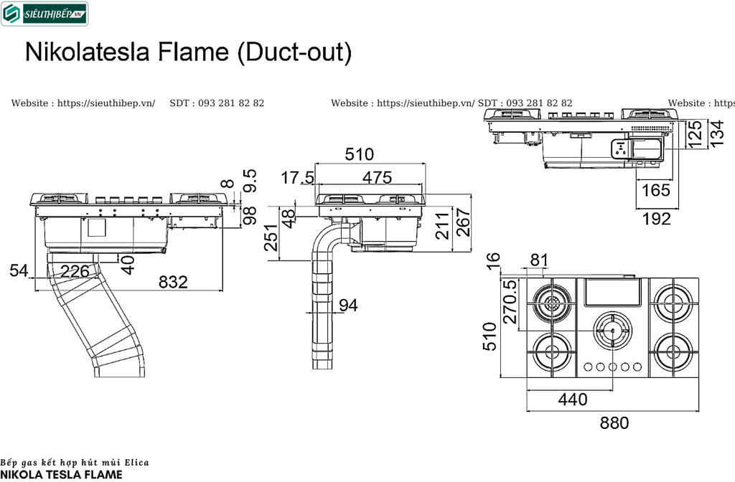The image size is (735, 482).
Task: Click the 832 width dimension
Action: [173, 282]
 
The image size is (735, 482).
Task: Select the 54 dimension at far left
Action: [19, 271]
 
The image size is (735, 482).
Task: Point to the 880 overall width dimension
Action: [614, 423]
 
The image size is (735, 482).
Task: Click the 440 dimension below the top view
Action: [573, 400]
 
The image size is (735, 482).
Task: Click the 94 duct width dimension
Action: [348, 306]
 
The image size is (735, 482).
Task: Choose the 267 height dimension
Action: [463, 224]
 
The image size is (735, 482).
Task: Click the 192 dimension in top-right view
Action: [656, 219]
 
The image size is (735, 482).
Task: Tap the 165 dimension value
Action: [655, 191]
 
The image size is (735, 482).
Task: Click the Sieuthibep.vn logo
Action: [45, 14]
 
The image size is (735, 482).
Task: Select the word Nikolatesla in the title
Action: [85, 53]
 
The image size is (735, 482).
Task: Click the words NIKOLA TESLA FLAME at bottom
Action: [61, 474]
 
